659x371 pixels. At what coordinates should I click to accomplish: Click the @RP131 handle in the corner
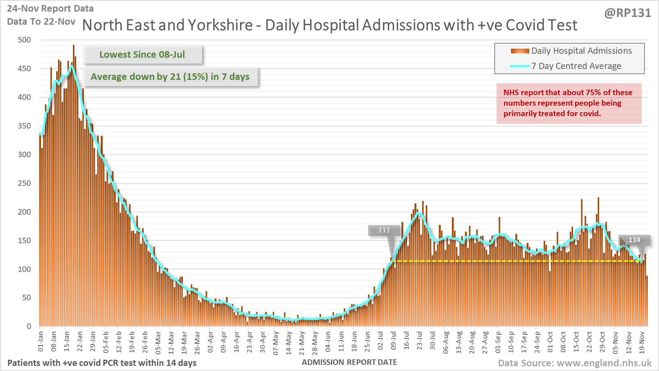627,13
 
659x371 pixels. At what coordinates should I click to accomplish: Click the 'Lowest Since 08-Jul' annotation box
142,54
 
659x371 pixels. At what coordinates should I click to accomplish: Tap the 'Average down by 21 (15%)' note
170,77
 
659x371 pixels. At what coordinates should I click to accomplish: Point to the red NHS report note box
568,103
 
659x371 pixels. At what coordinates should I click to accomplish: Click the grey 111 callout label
384,230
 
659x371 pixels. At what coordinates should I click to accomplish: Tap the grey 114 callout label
634,240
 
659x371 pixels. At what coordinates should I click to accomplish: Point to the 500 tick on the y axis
24,40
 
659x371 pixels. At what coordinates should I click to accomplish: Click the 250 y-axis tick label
24,183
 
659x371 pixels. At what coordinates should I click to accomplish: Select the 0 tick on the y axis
29,326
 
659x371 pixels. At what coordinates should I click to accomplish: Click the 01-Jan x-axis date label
41,341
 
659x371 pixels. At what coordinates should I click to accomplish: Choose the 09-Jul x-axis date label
394,341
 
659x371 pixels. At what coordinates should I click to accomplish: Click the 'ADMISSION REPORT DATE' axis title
349,362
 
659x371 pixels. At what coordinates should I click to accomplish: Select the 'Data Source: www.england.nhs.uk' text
574,363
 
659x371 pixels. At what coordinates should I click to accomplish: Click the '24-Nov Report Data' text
50,8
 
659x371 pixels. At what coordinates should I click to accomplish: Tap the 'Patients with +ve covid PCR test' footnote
102,363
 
